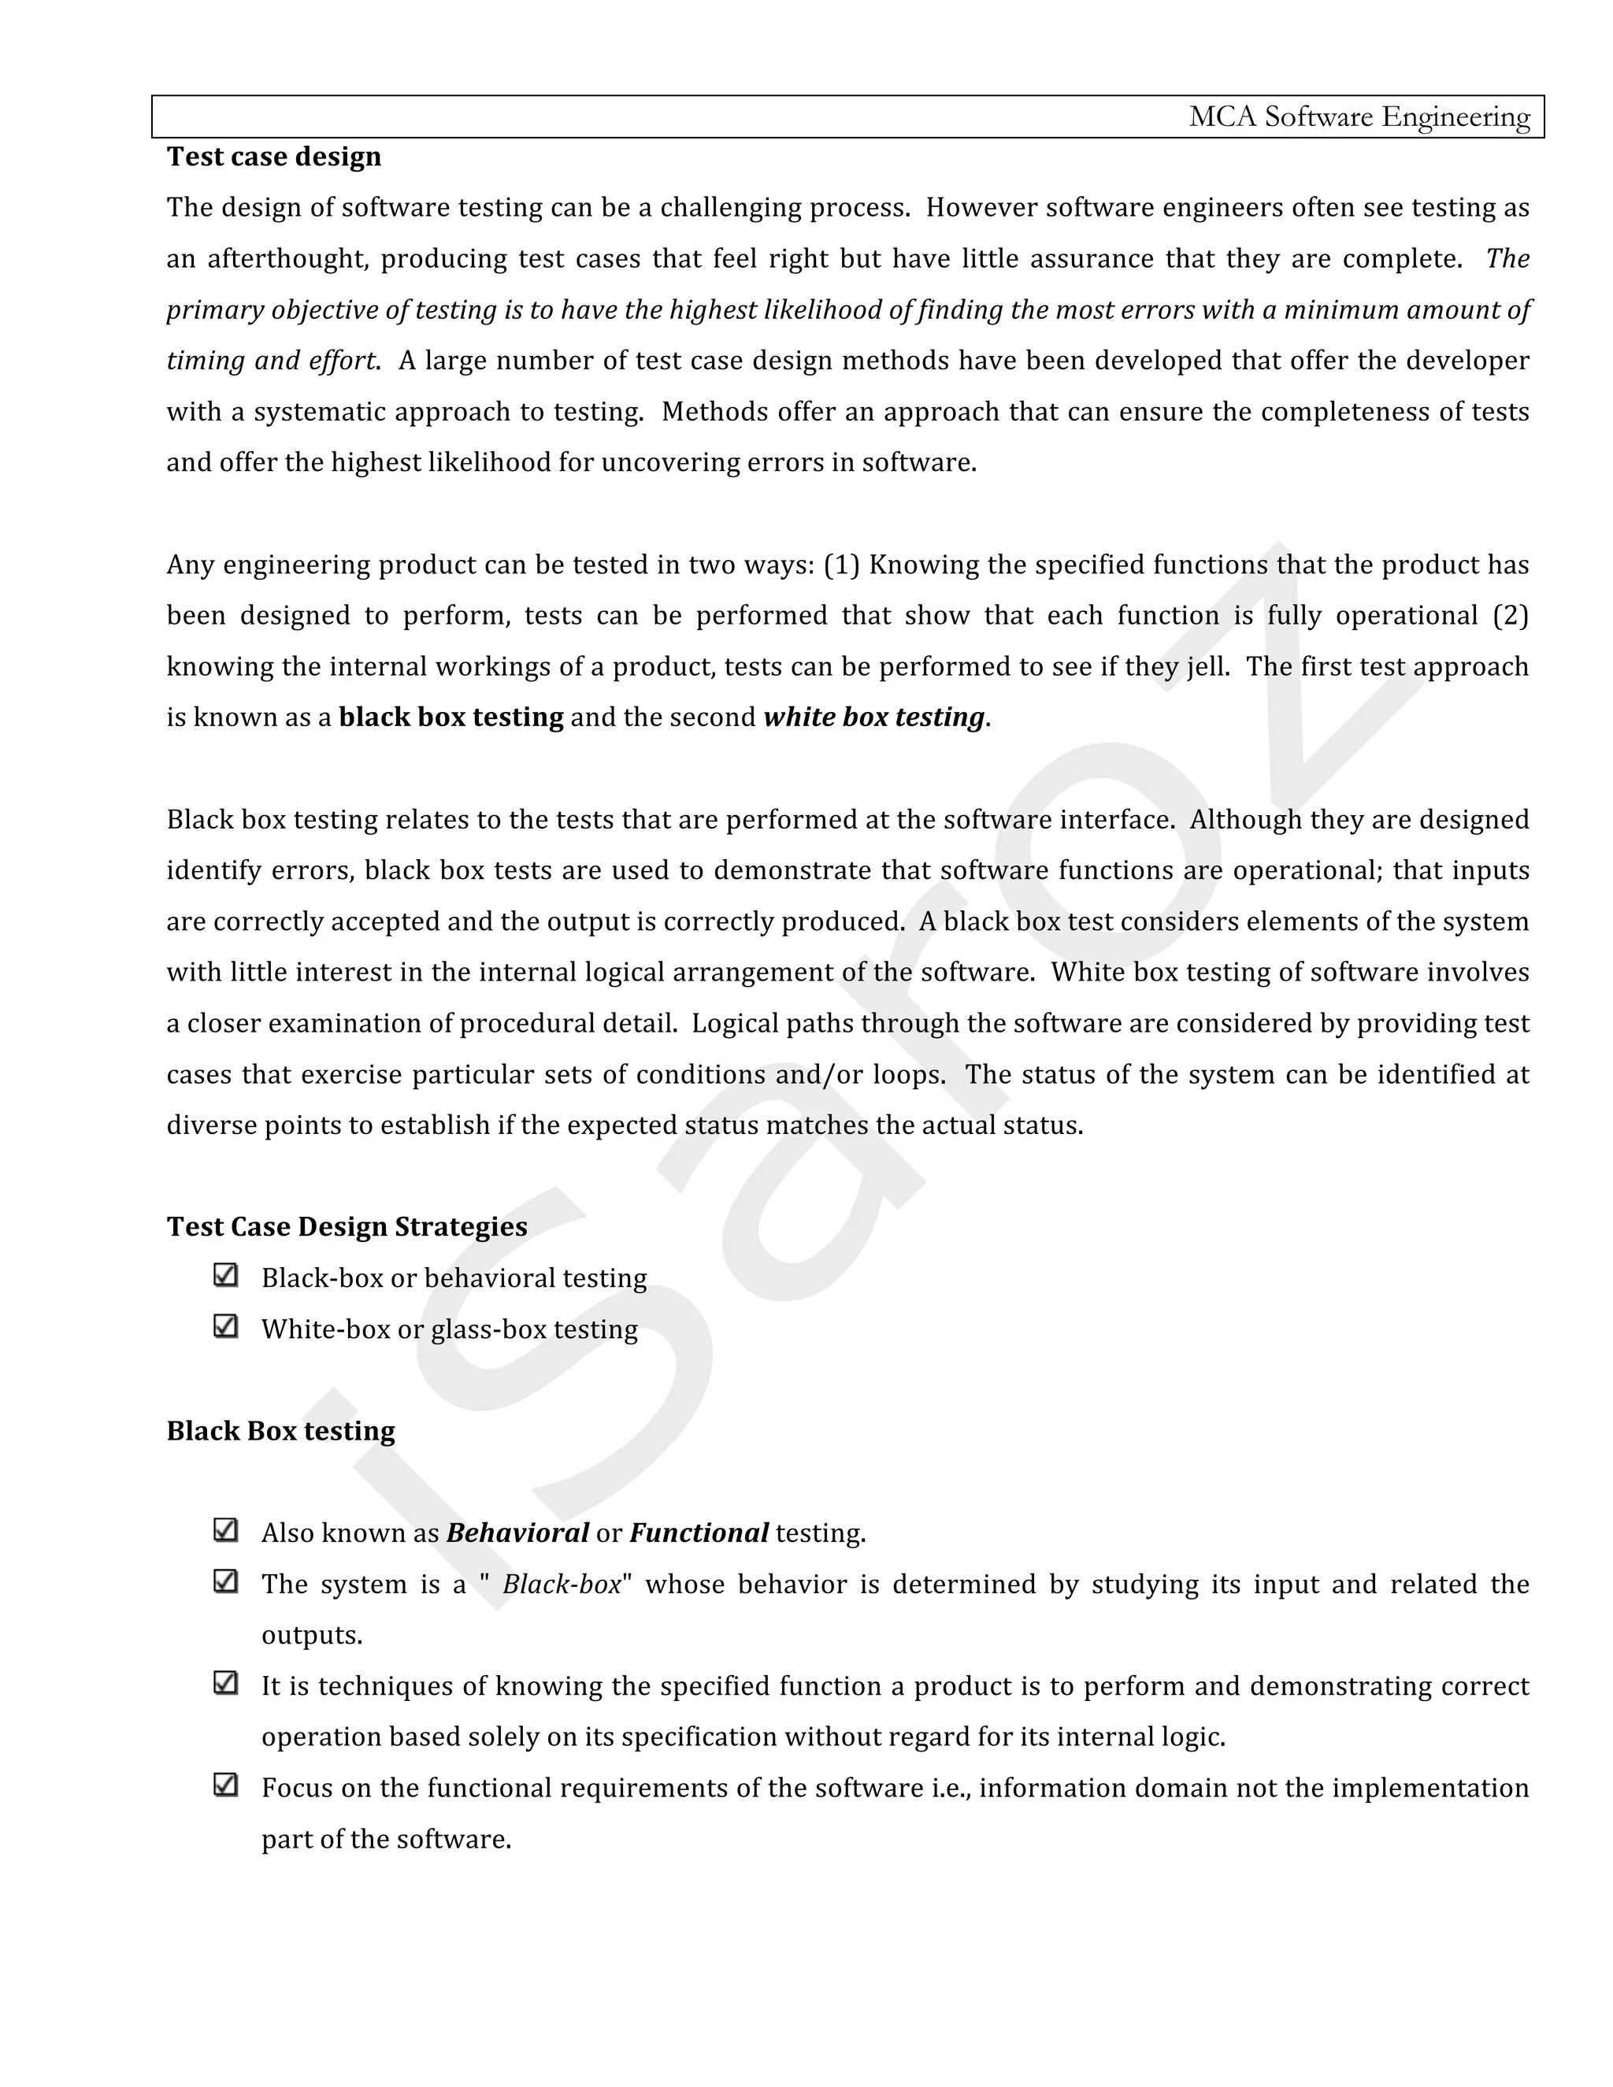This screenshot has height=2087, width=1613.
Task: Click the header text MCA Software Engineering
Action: pos(1359,117)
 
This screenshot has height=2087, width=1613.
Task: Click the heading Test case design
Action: pos(273,157)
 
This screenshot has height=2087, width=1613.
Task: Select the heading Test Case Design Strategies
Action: pos(346,1227)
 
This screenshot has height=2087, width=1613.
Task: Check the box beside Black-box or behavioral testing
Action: pos(225,1276)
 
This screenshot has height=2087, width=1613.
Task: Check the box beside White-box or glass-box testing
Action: pos(225,1326)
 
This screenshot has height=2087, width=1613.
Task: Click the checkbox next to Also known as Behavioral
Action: pos(225,1530)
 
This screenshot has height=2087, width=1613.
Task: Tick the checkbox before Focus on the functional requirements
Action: pos(225,1785)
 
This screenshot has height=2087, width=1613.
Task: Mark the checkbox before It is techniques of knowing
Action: pos(225,1683)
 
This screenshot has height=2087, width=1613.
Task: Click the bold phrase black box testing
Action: pos(451,717)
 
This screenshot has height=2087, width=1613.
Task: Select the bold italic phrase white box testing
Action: pos(873,717)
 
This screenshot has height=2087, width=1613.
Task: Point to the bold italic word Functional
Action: pos(699,1533)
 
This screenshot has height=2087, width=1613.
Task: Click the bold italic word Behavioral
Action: pos(517,1533)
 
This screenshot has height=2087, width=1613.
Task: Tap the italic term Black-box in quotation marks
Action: pos(562,1585)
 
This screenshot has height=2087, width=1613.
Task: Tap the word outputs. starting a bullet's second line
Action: pos(312,1635)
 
